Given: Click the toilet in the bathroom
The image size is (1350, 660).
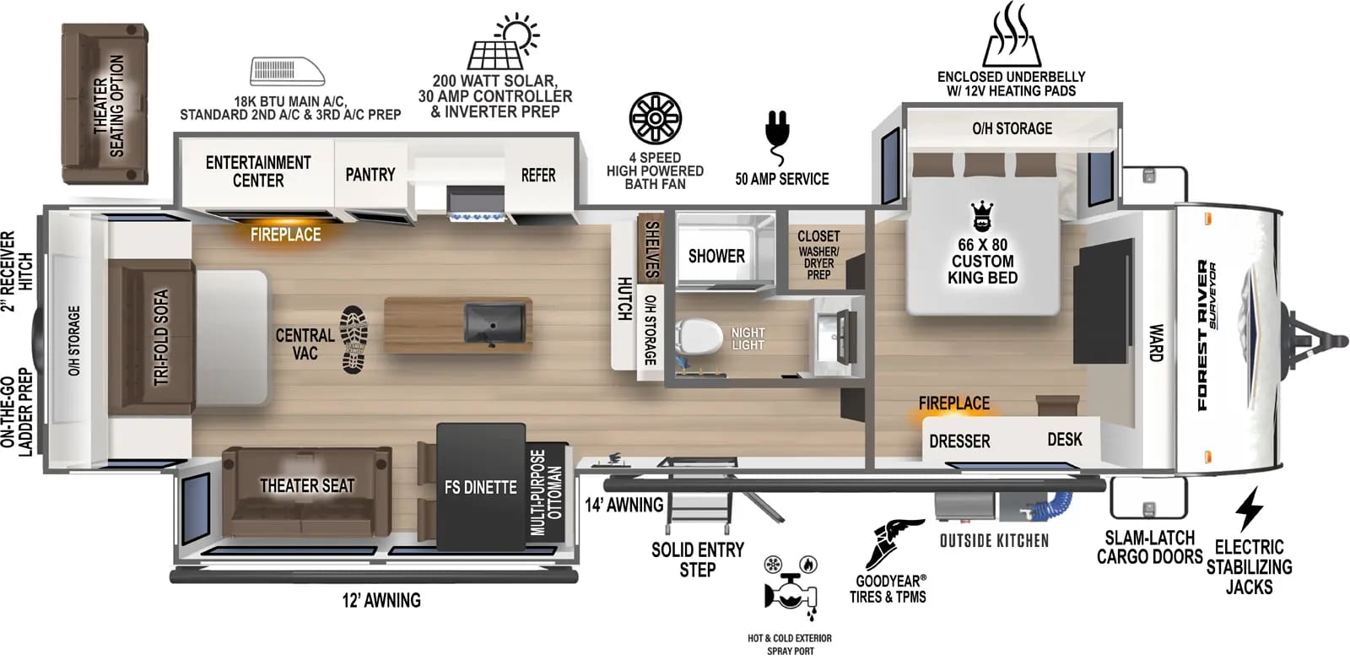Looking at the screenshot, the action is (699, 336).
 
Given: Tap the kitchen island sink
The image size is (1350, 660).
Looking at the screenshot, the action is (494, 324).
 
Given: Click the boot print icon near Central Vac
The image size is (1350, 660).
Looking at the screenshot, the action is (354, 339).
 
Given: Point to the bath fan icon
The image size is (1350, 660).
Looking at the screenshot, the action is (655, 118).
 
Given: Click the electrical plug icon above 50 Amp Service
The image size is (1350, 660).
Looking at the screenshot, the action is (777, 138).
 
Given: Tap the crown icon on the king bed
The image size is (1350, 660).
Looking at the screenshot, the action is (982, 216).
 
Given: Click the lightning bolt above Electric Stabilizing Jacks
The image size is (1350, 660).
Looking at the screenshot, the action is (1249, 509).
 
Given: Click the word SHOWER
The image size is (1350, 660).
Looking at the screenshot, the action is (716, 257).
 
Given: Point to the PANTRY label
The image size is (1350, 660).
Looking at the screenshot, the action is (370, 175).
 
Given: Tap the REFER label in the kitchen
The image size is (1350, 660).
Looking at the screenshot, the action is (538, 176).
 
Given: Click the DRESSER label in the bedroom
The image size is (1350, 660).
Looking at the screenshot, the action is (959, 441).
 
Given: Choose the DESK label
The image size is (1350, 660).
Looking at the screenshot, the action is (1064, 440).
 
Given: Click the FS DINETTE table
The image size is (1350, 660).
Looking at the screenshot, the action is (481, 487).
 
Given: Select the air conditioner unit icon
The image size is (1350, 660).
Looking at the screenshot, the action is (288, 72).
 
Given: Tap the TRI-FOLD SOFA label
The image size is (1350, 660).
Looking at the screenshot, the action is (161, 337).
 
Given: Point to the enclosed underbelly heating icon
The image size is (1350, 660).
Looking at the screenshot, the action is (1012, 35).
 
